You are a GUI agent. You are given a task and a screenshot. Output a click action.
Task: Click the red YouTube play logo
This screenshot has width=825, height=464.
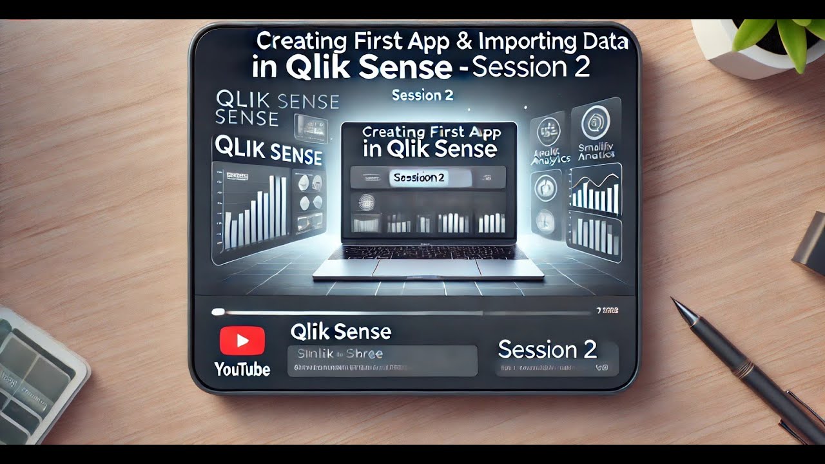pyautogui.click(x=242, y=340)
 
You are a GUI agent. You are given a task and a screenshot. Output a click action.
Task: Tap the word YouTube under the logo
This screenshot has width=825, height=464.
pyautogui.click(x=242, y=369)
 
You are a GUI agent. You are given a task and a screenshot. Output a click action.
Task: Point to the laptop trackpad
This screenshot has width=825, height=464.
pyautogui.click(x=425, y=267)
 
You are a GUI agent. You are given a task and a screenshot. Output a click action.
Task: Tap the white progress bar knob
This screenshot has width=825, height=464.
pyautogui.click(x=218, y=312)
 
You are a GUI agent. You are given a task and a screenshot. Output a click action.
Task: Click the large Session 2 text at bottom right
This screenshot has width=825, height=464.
pyautogui.click(x=547, y=349)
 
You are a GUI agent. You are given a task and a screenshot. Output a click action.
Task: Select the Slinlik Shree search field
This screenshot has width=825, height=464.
pyautogui.click(x=382, y=360)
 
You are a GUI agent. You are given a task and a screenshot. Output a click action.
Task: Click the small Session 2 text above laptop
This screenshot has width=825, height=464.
pyautogui.click(x=422, y=95)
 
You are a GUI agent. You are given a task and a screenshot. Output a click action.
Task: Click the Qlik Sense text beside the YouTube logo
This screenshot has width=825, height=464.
pyautogui.click(x=340, y=332)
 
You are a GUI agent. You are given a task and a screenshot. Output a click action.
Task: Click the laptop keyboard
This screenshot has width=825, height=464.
pyautogui.click(x=426, y=251)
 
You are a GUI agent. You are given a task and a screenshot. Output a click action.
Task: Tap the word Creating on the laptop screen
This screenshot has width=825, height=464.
pyautogui.click(x=393, y=133)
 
